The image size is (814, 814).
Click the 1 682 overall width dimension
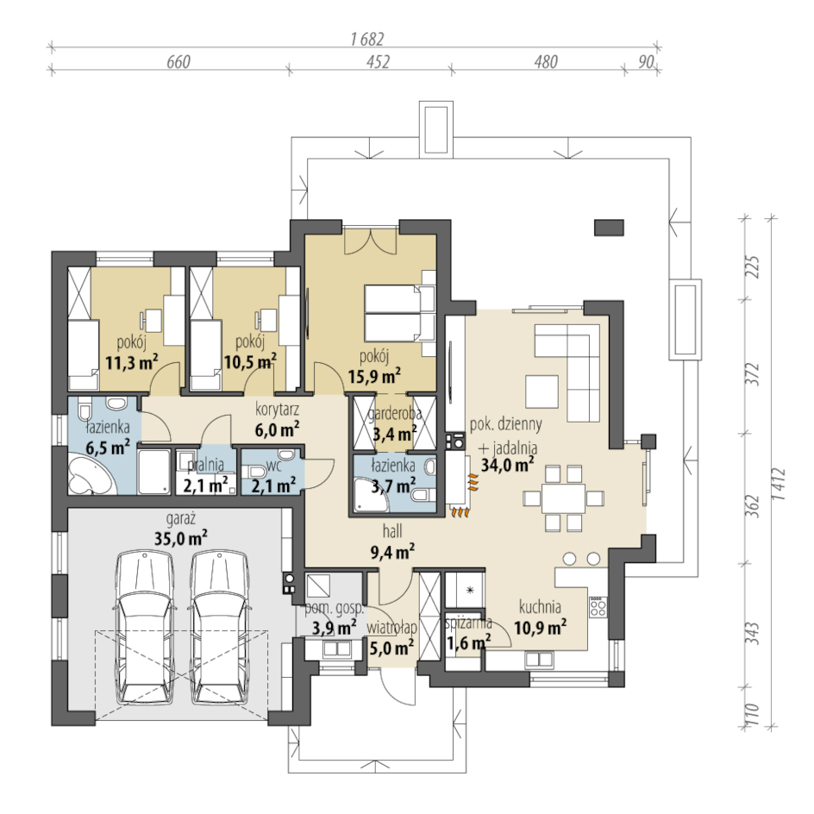pos(367,39)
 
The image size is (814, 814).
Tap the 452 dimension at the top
pos(378,62)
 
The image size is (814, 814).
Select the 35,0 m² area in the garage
pos(181,538)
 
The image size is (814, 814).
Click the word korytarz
pos(277,409)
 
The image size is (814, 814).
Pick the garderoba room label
pos(395,414)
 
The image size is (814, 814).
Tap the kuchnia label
pos(540,606)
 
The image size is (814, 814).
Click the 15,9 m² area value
pos(373,375)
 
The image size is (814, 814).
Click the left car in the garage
pos(143,627)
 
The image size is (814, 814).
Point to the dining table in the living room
pos(564,498)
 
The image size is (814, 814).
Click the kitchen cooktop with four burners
pos(598,606)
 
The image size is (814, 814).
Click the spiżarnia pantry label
pos(468,623)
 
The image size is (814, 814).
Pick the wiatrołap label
pos(392,627)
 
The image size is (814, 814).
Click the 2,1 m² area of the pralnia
pos(205,485)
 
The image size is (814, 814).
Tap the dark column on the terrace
pos(609,228)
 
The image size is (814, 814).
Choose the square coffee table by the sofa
pos(542,391)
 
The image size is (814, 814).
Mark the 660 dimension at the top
pos(178,62)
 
